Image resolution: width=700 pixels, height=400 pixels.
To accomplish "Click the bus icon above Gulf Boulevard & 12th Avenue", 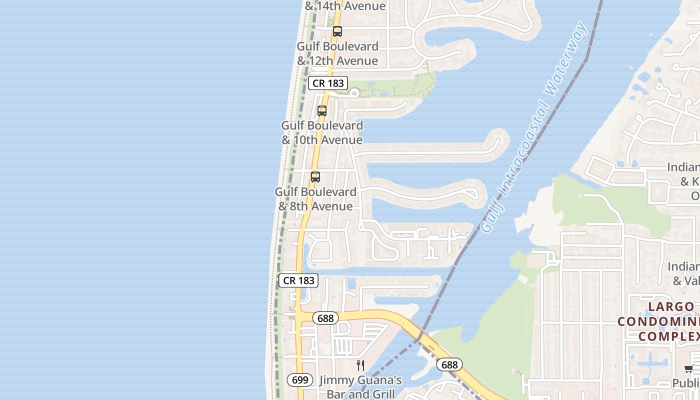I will [337, 31].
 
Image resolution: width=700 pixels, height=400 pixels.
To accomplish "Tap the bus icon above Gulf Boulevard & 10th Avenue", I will [322, 111].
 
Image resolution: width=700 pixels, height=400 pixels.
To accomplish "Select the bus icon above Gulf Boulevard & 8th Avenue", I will [315, 177].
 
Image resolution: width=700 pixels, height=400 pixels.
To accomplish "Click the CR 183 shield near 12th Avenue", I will [328, 83].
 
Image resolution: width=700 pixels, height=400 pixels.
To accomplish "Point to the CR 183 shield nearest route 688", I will [298, 280].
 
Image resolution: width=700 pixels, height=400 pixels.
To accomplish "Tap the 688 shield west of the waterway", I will [325, 318].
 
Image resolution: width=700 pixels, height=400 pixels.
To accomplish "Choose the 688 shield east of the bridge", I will [449, 364].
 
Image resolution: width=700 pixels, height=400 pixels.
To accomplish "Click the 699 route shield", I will [300, 380].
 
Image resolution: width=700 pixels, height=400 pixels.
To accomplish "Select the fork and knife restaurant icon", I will [360, 365].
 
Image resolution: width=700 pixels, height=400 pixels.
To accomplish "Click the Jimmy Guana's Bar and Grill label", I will [360, 387].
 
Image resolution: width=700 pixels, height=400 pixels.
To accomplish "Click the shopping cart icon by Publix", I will [689, 369].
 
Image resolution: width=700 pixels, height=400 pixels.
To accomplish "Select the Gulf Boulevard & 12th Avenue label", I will [337, 53].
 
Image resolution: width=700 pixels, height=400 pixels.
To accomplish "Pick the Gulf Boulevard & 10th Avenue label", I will [322, 132].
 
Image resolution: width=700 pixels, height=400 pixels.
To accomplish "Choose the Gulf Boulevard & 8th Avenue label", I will [315, 199].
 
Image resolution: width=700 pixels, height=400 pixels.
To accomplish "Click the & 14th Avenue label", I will [345, 6].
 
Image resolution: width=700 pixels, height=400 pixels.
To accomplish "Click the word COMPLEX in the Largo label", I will [668, 336].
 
